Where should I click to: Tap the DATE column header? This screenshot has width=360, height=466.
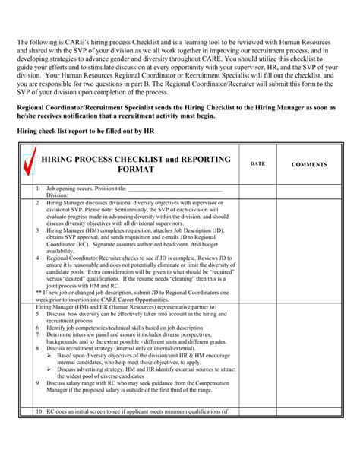pyautogui.click(x=258, y=163)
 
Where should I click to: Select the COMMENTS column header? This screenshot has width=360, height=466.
pyautogui.click(x=310, y=163)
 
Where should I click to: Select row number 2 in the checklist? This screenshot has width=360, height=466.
pyautogui.click(x=38, y=203)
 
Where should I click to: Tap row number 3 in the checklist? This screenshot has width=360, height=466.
pyautogui.click(x=38, y=230)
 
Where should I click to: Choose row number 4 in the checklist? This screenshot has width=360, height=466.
pyautogui.click(x=38, y=257)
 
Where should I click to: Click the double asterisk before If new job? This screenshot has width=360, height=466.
pyautogui.click(x=39, y=292)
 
